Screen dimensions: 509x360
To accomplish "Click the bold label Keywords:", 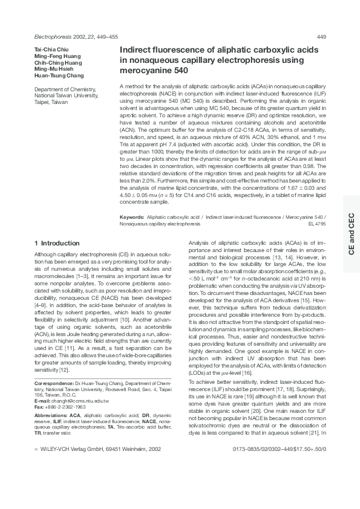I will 131,216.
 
